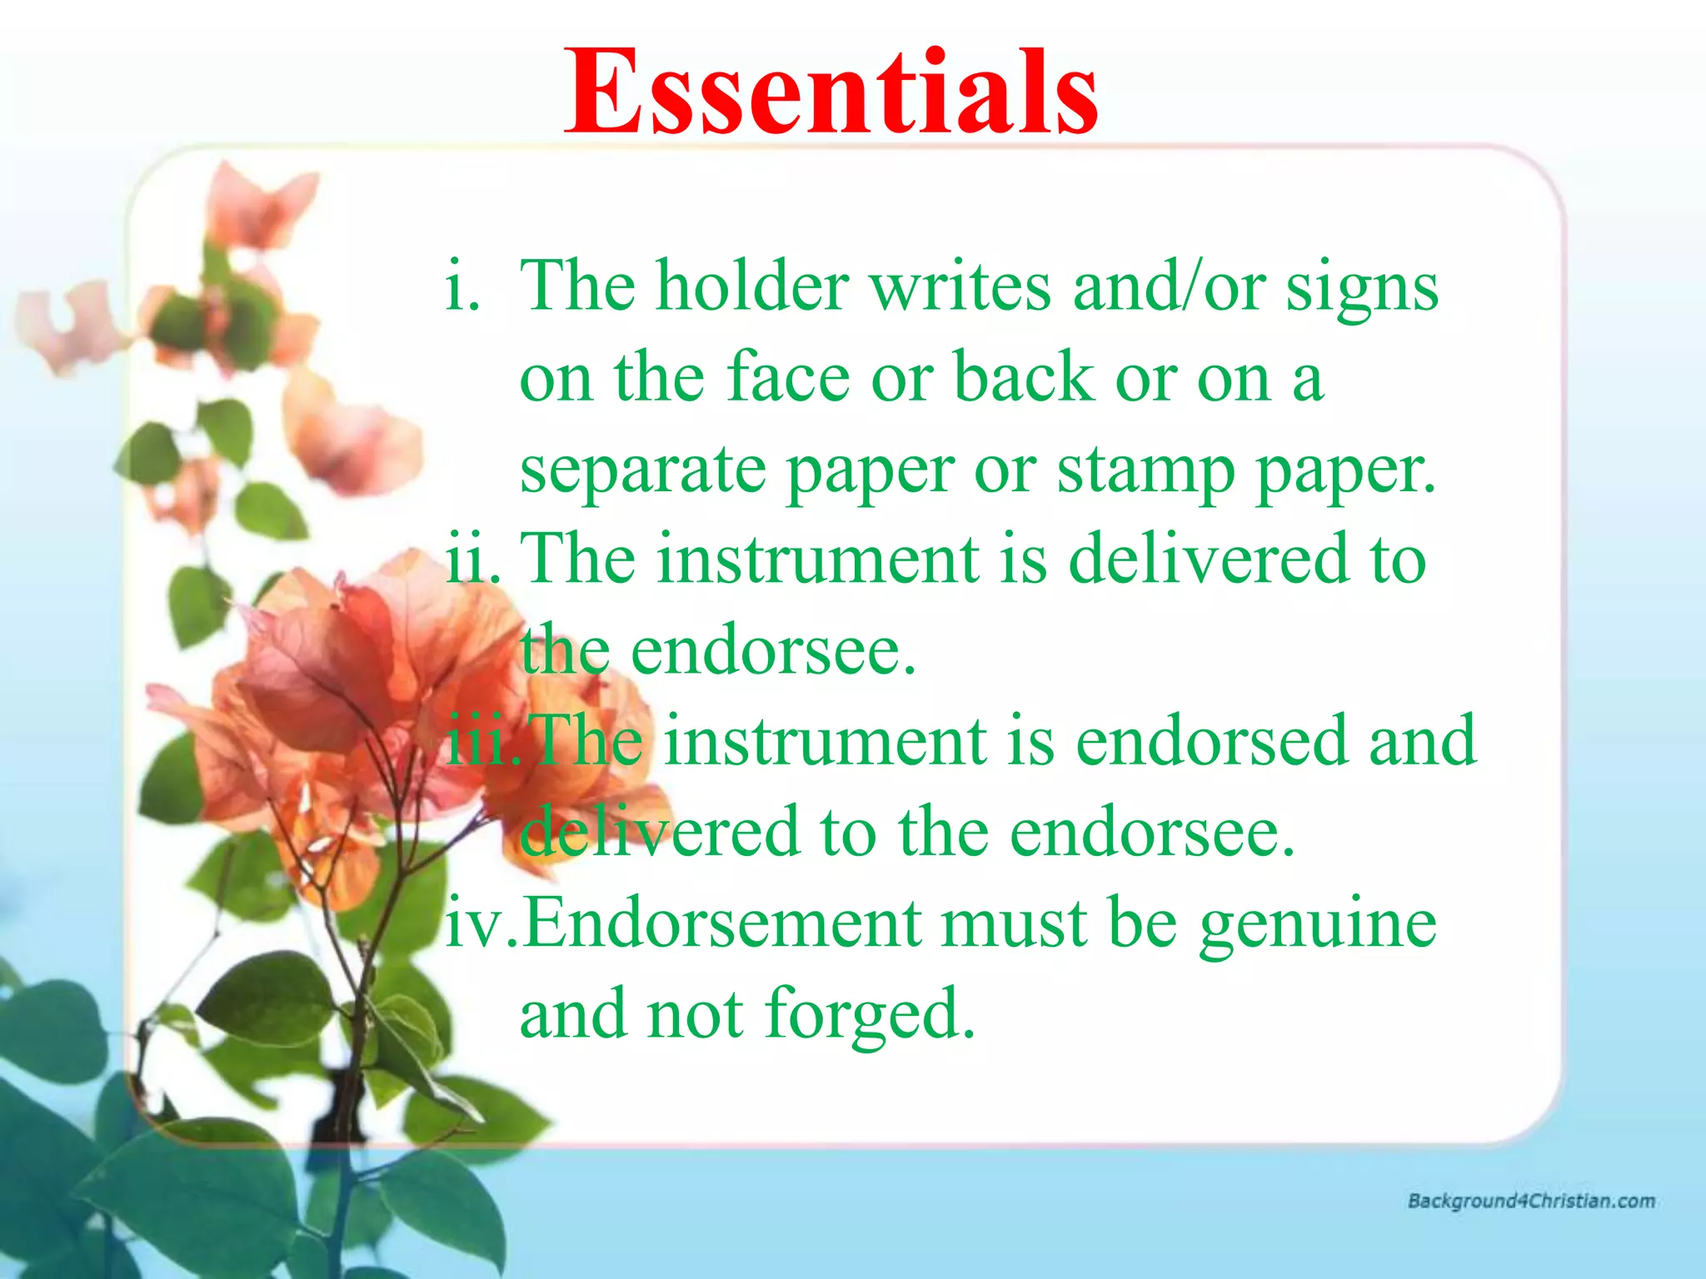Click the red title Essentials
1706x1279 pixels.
click(831, 93)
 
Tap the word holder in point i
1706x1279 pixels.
click(751, 286)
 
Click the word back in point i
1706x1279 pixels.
click(1023, 378)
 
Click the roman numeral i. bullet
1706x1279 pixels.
click(463, 286)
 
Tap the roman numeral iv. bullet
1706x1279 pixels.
click(481, 924)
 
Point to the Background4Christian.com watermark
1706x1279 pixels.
click(1531, 1201)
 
